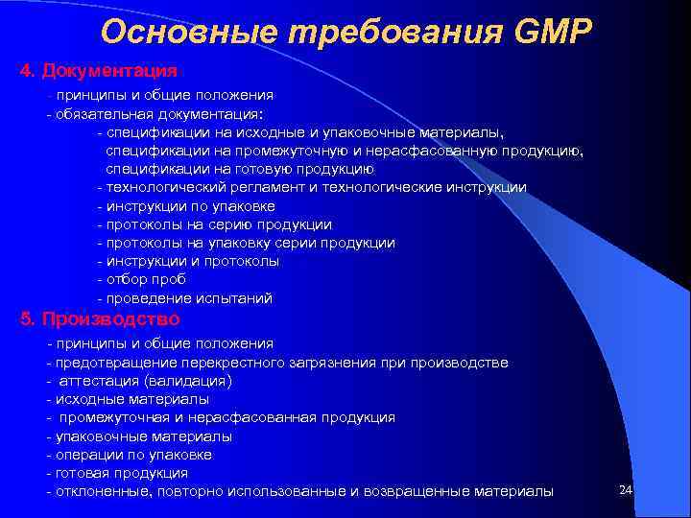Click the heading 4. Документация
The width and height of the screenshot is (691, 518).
[x=99, y=72]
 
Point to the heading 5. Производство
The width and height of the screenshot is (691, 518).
[x=100, y=319]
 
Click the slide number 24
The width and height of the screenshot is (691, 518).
[x=626, y=490]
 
